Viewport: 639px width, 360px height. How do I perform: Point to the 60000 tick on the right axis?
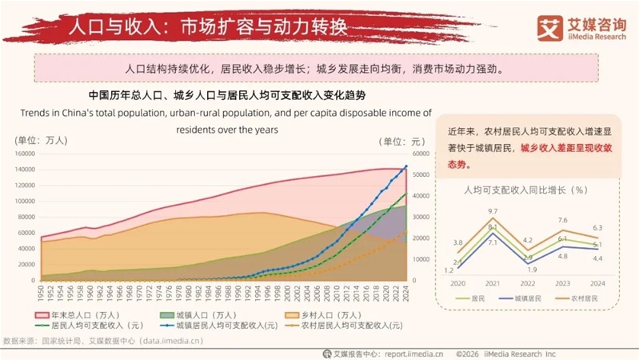[421, 154]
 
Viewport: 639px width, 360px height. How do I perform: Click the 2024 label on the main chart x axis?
[406, 294]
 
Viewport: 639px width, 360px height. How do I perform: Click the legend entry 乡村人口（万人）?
[329, 315]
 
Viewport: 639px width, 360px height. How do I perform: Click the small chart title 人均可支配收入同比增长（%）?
[525, 190]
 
